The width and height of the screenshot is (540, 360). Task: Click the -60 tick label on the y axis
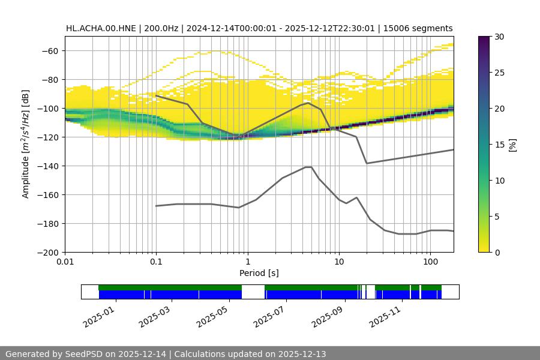(x=49, y=50)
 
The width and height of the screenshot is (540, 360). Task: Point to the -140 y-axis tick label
(x=47, y=166)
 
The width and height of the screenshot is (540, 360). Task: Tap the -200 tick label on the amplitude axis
(x=47, y=252)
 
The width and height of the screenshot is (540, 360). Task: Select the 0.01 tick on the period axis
(x=65, y=262)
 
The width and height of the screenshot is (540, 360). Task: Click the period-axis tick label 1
(x=247, y=262)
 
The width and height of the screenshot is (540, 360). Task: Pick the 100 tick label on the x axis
(x=430, y=262)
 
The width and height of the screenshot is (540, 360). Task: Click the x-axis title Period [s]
(x=259, y=273)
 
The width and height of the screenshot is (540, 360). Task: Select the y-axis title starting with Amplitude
(x=25, y=144)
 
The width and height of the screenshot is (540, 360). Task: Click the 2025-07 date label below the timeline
(x=268, y=314)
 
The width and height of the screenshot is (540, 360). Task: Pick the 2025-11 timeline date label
(x=384, y=314)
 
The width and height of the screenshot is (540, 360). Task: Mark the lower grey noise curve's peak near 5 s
(x=308, y=167)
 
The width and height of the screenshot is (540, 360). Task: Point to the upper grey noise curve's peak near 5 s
(x=308, y=103)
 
